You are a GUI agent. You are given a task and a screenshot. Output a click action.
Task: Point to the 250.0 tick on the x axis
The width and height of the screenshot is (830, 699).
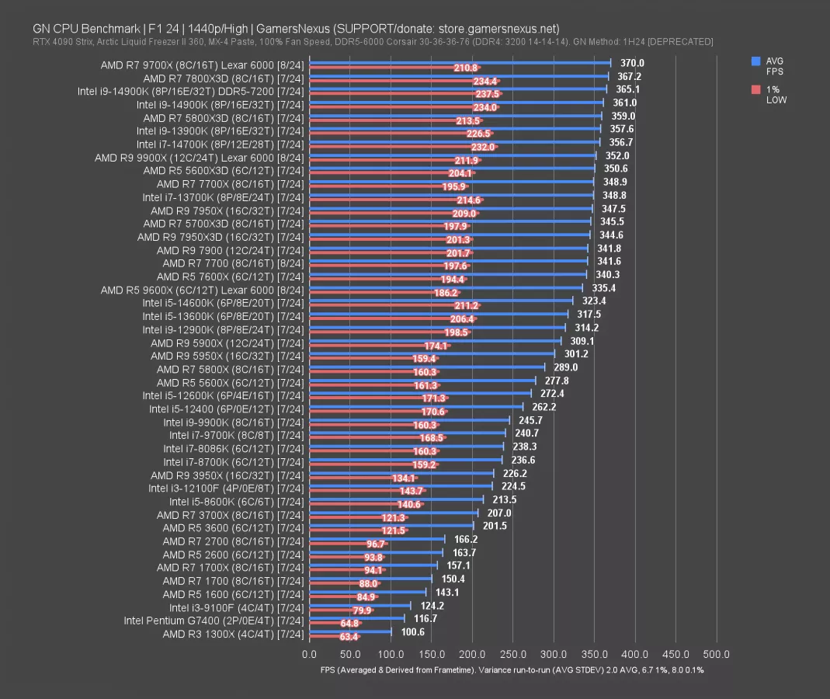pos(512,654)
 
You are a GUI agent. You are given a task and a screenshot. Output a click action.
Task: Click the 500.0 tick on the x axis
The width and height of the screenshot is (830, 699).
pos(716,654)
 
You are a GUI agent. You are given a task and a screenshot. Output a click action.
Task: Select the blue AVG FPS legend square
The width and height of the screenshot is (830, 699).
pos(756,61)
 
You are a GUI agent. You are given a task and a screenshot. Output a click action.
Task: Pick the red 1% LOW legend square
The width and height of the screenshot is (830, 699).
pos(756,89)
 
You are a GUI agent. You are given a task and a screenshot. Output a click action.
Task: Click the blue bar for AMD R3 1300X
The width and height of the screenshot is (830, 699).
pos(350,631)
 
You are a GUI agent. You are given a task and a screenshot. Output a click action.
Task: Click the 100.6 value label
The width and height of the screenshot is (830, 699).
pos(413,631)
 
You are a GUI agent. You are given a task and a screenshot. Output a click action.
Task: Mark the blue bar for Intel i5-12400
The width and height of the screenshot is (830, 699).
pos(416,406)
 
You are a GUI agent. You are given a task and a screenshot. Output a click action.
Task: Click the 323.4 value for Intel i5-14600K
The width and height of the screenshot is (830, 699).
pos(595,301)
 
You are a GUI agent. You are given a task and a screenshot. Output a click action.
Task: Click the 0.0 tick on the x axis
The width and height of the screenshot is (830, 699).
pos(309,654)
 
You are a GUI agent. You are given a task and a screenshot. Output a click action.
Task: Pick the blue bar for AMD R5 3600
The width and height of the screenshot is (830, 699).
pos(391,525)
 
